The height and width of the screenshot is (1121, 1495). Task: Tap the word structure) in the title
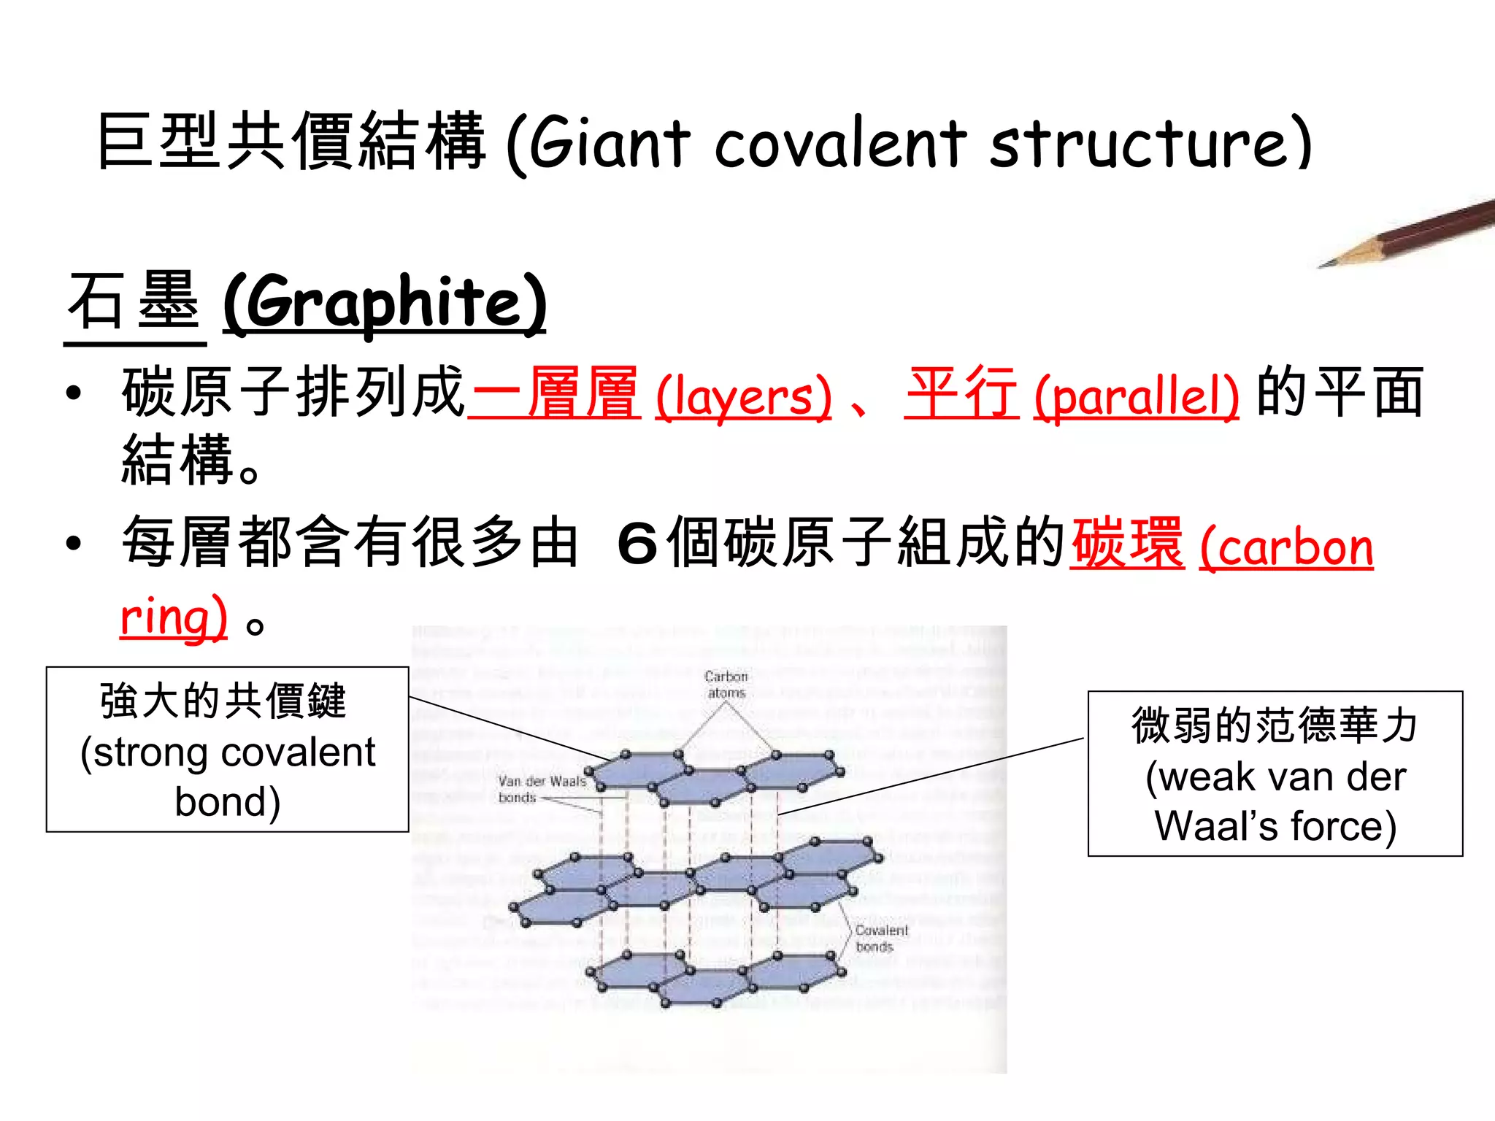click(1150, 142)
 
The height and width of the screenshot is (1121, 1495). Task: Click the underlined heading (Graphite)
click(385, 303)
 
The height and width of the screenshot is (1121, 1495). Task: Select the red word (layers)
click(743, 396)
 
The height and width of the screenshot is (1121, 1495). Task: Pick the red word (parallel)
click(1136, 396)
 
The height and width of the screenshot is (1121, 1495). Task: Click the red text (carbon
click(1286, 547)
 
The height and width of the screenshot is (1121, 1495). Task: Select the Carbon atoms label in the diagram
click(726, 685)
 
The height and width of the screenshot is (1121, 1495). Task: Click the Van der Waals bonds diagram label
click(541, 789)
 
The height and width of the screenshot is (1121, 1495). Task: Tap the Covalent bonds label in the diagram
click(881, 939)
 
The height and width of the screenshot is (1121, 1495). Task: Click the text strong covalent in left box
click(228, 752)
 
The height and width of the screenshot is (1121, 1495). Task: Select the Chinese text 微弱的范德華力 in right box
click(1275, 725)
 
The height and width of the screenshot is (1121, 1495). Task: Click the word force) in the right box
click(1343, 826)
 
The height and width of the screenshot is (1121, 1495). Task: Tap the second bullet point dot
click(73, 544)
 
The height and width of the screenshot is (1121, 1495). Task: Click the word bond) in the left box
click(228, 802)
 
